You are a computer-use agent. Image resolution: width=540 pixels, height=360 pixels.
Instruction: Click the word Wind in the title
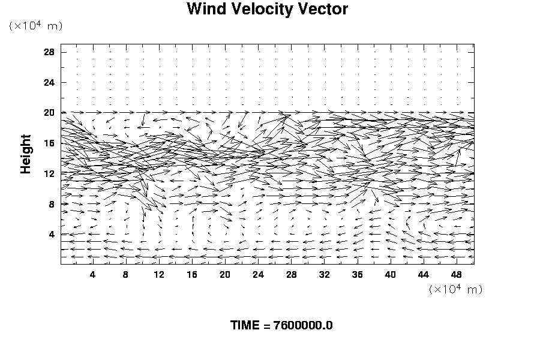[x=205, y=10]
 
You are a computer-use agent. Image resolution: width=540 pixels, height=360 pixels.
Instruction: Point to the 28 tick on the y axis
[x=49, y=52]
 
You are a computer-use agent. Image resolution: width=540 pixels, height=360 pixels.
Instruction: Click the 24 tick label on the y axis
[x=49, y=82]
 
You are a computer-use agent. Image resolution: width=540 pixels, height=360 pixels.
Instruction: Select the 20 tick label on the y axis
[x=49, y=113]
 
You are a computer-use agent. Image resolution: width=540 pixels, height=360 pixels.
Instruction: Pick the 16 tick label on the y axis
[x=49, y=143]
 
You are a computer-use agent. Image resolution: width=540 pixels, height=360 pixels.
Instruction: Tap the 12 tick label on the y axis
[x=49, y=173]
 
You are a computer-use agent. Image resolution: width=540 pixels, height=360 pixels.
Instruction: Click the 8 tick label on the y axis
[x=52, y=204]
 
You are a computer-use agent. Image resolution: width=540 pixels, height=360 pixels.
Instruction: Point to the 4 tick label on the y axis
[x=52, y=235]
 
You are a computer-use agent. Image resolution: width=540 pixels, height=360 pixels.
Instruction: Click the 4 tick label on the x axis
[x=92, y=274]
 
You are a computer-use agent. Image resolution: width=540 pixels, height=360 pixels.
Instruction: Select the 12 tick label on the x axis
[x=159, y=274]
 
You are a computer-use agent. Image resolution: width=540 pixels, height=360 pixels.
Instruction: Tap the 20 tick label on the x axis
[x=225, y=274]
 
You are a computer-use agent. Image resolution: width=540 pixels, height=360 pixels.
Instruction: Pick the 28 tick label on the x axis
[x=292, y=274]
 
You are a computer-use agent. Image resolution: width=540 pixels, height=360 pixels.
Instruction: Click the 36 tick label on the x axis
[x=358, y=274]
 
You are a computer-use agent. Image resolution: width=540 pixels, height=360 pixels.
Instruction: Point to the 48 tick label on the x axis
[x=457, y=274]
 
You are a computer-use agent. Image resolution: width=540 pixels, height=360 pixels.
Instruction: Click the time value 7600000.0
[x=302, y=326]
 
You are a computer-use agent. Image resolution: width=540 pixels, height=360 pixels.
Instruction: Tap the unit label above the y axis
[x=35, y=25]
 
